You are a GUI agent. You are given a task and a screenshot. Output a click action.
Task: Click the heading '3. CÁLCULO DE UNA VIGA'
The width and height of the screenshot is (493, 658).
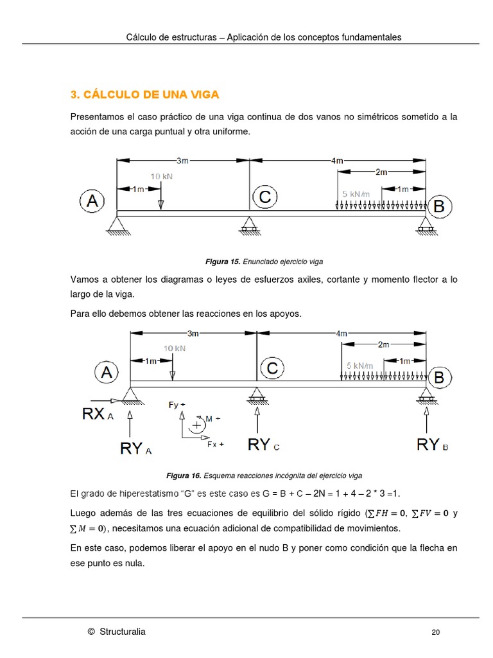point(144,94)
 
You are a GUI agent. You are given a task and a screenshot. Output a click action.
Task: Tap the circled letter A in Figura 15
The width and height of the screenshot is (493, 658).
point(92,201)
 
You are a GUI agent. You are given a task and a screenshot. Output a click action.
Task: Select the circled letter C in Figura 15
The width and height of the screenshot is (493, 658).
point(264,198)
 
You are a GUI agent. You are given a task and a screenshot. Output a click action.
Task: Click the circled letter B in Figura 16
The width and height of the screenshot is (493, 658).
point(439,378)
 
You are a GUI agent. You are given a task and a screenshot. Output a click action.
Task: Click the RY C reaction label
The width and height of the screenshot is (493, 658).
point(263,445)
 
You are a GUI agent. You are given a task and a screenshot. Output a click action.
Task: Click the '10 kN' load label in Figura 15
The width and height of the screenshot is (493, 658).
point(161,176)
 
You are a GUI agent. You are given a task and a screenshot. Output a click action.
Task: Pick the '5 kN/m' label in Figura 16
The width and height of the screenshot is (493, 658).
point(359,366)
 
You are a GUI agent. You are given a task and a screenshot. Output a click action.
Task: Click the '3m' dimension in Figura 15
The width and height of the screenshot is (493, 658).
point(182,161)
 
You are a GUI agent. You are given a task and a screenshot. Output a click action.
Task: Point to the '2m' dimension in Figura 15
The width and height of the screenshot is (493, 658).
point(381,172)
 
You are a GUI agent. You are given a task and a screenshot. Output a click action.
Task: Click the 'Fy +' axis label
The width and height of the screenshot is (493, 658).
point(177,405)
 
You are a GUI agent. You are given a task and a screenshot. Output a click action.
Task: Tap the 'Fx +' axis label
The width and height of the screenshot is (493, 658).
point(215,444)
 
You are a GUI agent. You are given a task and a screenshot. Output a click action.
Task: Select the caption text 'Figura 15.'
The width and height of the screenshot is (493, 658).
point(222,262)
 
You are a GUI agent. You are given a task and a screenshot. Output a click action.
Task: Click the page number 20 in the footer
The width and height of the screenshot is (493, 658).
point(435,632)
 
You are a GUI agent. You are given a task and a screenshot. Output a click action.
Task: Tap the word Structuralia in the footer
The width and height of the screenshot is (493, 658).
point(122,632)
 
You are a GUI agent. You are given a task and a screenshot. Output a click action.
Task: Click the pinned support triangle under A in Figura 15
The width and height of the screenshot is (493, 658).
point(117,222)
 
